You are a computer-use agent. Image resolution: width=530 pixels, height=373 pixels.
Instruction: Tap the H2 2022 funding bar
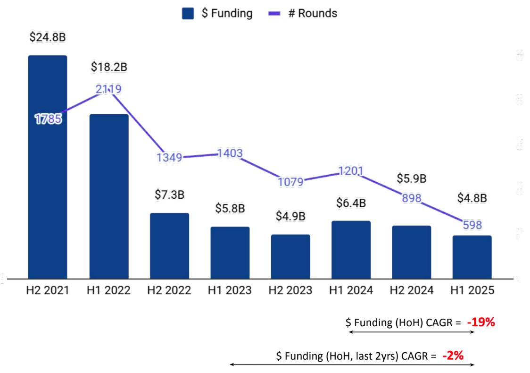click(x=169, y=246)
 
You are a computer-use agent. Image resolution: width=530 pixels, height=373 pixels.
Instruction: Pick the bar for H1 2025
click(x=472, y=257)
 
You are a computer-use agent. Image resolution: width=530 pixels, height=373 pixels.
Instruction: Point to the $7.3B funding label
click(x=169, y=194)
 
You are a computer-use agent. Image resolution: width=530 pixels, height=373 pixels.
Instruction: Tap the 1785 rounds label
click(x=48, y=119)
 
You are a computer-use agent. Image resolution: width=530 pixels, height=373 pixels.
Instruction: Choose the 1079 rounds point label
click(x=290, y=182)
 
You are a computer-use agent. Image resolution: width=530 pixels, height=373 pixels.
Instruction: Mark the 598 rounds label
click(x=472, y=225)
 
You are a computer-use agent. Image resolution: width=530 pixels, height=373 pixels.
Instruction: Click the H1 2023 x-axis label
click(x=230, y=290)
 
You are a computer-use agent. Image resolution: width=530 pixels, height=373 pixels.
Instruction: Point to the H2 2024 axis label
click(x=412, y=290)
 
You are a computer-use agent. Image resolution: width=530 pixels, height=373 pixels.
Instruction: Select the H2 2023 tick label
click(x=290, y=290)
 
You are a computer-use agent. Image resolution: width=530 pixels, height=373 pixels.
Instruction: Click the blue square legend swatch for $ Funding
click(x=188, y=13)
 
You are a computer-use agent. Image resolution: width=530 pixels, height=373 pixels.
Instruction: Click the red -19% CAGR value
click(x=480, y=323)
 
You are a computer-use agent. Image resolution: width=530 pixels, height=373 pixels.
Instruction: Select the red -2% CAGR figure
click(x=453, y=356)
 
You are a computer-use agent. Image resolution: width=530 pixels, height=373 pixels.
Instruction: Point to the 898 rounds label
click(x=412, y=198)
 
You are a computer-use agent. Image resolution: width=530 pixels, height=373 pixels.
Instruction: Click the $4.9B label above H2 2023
click(x=290, y=216)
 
